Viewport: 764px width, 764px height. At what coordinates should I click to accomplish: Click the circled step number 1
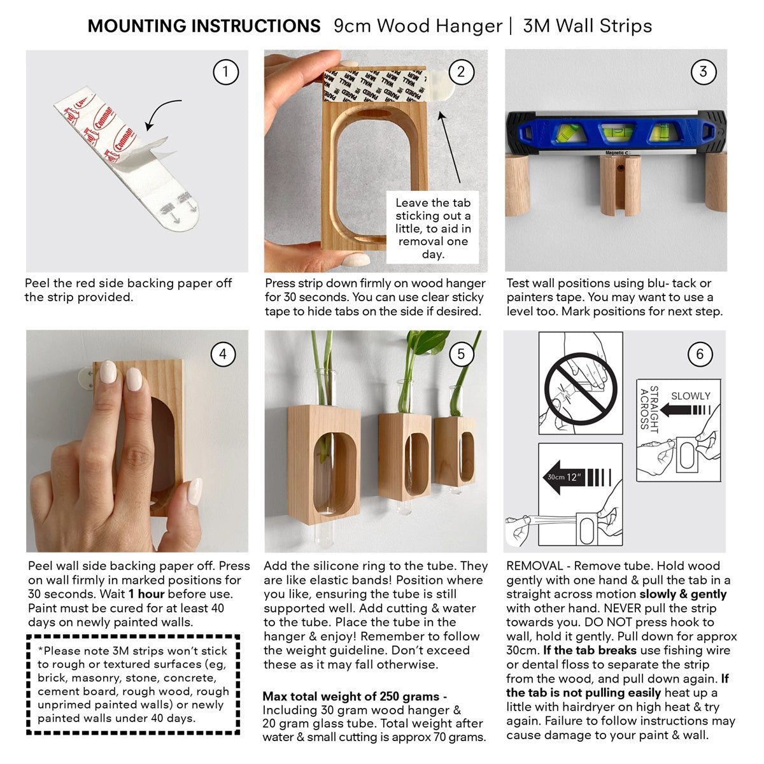(x=225, y=72)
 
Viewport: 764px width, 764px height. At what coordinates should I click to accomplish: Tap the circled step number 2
(x=462, y=72)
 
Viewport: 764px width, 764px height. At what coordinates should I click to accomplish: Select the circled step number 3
(x=703, y=72)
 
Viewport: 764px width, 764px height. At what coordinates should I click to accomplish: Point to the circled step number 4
(x=223, y=354)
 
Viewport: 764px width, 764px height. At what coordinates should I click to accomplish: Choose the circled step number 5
(x=462, y=354)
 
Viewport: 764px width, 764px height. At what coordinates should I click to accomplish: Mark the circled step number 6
(x=700, y=354)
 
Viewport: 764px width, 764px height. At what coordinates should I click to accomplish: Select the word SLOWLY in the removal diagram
(x=690, y=396)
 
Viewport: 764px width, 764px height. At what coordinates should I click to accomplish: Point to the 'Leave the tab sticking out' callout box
(x=433, y=228)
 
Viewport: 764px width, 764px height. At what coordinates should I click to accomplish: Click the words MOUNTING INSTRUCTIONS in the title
(x=204, y=26)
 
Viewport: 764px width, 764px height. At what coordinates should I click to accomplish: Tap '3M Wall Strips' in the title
(x=587, y=26)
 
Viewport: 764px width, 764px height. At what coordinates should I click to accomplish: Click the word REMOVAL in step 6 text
(x=534, y=566)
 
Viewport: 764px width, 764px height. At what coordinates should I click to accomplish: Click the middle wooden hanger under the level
(x=619, y=184)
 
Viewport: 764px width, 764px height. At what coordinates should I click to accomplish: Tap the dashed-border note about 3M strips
(x=133, y=684)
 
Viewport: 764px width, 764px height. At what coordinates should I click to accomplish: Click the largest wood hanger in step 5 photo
(x=323, y=462)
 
